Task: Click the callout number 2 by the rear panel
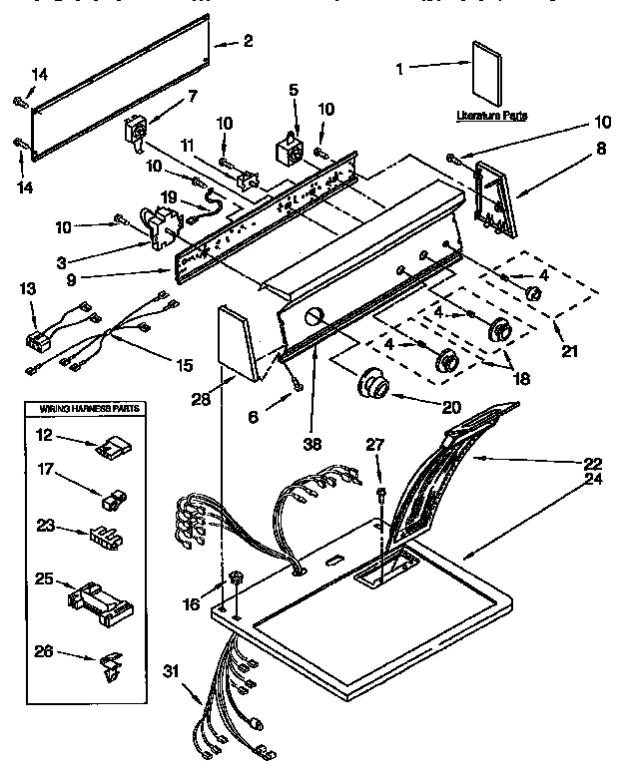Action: [x=248, y=41]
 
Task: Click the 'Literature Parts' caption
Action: [x=490, y=116]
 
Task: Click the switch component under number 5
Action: [x=290, y=150]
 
